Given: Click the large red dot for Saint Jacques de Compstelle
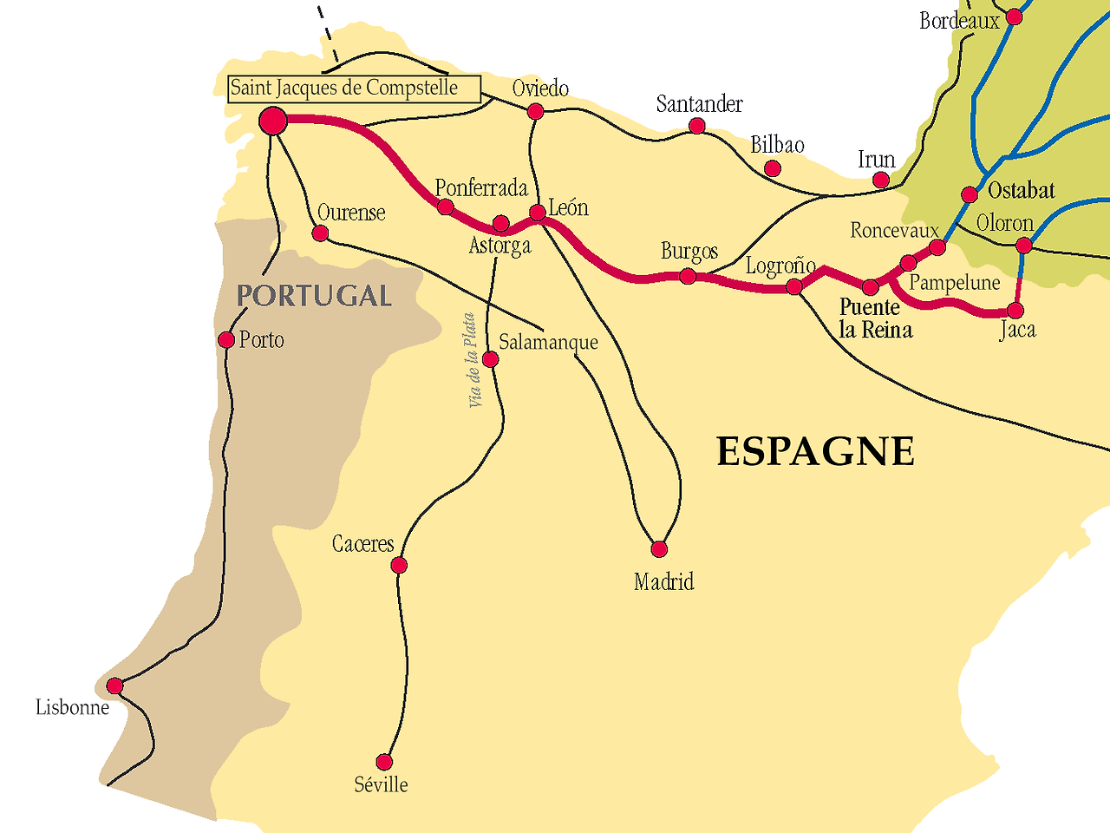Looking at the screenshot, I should tap(273, 121).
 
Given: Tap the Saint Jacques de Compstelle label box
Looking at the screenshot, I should tap(354, 89).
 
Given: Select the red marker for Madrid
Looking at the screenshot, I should tap(659, 549).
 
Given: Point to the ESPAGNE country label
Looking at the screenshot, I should tap(815, 452).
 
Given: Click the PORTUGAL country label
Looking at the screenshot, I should tap(314, 296).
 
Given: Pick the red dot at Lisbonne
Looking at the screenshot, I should tap(114, 686).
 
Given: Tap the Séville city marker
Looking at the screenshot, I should tap(384, 763).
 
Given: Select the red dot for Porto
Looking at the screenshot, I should tap(226, 339).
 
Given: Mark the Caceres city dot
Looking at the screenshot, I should tap(399, 566).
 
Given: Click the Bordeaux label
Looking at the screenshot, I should tap(959, 20).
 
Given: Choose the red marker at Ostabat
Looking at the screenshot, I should tap(970, 194).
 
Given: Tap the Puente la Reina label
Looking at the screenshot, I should tap(875, 318).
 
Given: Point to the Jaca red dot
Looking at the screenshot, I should tap(1015, 311).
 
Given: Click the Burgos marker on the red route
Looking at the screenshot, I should tap(688, 277).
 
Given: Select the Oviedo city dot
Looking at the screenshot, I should tap(536, 111).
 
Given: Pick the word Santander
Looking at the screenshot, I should tap(699, 104).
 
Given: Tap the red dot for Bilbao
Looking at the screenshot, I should tap(773, 168).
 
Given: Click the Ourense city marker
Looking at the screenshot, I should tap(320, 233).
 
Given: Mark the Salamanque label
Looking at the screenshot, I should tap(548, 342).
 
